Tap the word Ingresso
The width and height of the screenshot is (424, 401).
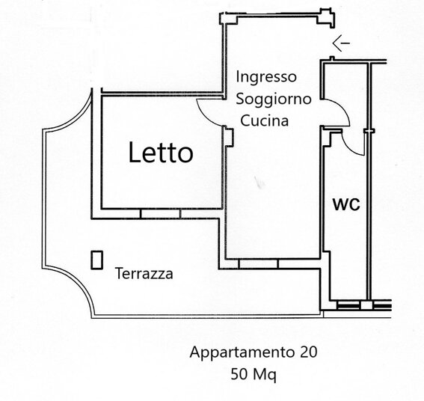click(x=266, y=77)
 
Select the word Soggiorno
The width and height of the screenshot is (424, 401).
click(x=274, y=100)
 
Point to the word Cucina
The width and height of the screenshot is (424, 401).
click(x=265, y=120)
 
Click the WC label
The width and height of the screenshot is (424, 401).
click(x=346, y=204)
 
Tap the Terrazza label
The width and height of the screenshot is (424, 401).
click(x=144, y=273)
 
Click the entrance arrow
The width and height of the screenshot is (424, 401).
click(x=341, y=43)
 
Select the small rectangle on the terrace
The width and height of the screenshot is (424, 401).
click(x=96, y=260)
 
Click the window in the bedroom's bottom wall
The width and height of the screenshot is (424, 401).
click(x=160, y=213)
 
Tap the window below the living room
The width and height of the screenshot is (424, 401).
click(x=258, y=264)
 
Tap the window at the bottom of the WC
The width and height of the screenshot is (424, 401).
click(x=348, y=306)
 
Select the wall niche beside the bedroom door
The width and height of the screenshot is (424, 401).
click(x=230, y=137)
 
